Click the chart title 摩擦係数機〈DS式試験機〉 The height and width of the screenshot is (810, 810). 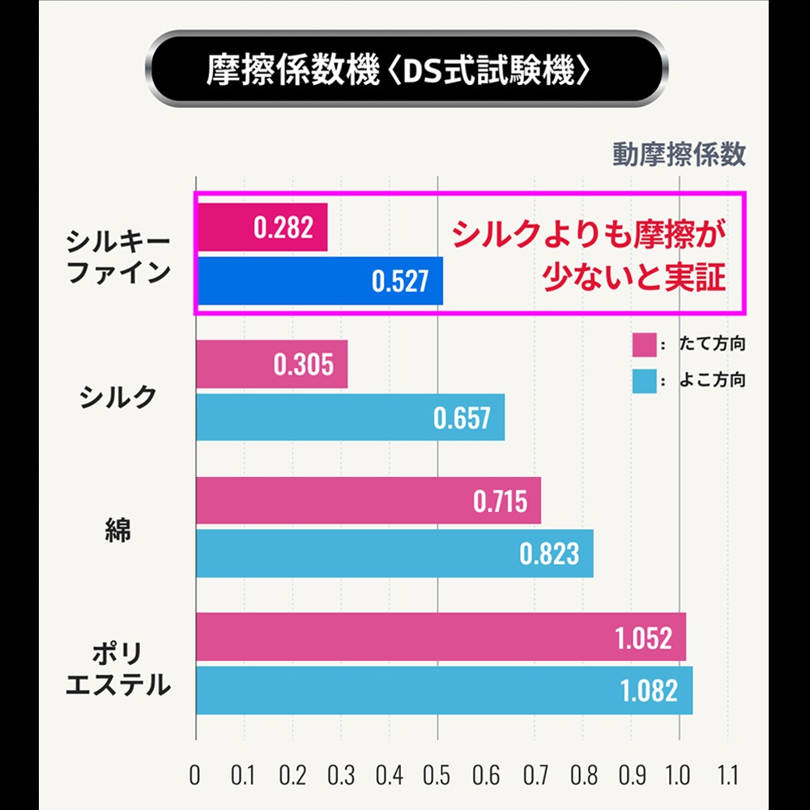pyautogui.click(x=398, y=70)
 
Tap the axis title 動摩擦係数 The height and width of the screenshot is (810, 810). pyautogui.click(x=679, y=154)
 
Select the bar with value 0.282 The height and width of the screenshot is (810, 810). pyautogui.click(x=262, y=228)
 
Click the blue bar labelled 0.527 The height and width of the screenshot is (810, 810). pyautogui.click(x=319, y=281)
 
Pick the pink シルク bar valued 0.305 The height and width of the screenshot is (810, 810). pyautogui.click(x=271, y=364)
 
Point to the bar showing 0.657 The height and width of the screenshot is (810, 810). pyautogui.click(x=350, y=418)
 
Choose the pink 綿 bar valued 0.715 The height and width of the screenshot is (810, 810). pyautogui.click(x=368, y=501)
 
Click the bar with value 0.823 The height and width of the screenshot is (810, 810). pyautogui.click(x=394, y=554)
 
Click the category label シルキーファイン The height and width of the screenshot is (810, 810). pyautogui.click(x=118, y=256)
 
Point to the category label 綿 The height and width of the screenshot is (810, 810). pyautogui.click(x=118, y=529)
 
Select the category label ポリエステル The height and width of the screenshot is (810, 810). pyautogui.click(x=118, y=669)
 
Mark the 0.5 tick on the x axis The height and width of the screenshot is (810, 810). pyautogui.click(x=438, y=775)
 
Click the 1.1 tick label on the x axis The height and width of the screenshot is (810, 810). pyautogui.click(x=727, y=775)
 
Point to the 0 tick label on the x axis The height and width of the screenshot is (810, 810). pyautogui.click(x=195, y=775)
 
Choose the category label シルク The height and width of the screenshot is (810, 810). pyautogui.click(x=118, y=396)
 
